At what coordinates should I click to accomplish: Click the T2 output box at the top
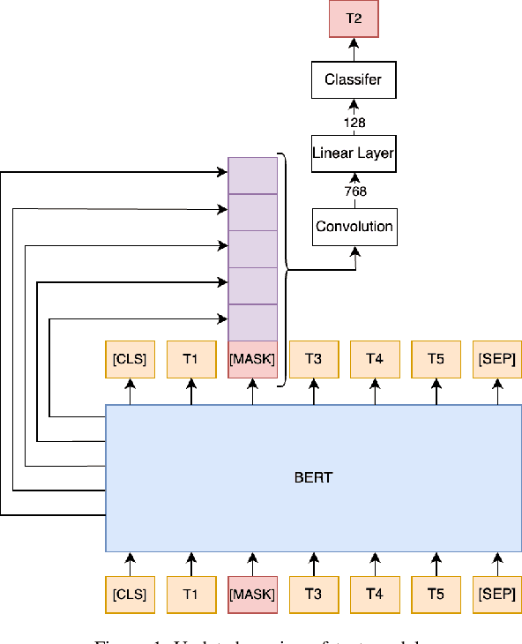[x=353, y=19]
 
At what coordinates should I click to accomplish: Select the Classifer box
[x=353, y=80]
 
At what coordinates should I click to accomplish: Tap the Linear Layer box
[x=353, y=154]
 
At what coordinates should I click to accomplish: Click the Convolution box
[x=354, y=227]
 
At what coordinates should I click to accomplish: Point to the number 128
[x=354, y=123]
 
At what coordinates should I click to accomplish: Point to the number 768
[x=354, y=191]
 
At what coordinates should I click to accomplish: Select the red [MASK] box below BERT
[x=252, y=595]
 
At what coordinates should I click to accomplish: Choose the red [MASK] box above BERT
[x=252, y=359]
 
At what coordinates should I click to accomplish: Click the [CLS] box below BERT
[x=129, y=595]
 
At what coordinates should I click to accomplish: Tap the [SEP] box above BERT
[x=497, y=359]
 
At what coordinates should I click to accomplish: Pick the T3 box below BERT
[x=313, y=595]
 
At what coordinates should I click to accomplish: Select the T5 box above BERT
[x=436, y=359]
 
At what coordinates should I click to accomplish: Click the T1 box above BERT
[x=190, y=359]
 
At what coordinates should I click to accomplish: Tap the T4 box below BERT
[x=375, y=595]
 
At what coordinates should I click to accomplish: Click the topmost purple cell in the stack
[x=252, y=175]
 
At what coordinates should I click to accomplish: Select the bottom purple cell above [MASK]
[x=252, y=322]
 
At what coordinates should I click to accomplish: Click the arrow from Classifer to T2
[x=353, y=50]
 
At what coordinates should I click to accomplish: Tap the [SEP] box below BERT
[x=497, y=595]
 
